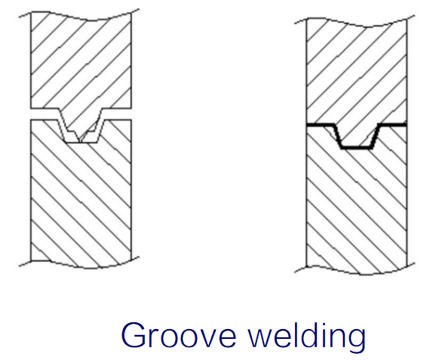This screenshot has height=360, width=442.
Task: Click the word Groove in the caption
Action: pyautogui.click(x=179, y=335)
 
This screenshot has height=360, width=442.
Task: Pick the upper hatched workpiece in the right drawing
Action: pyautogui.click(x=357, y=70)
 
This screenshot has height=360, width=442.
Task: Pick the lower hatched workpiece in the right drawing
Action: pyautogui.click(x=357, y=203)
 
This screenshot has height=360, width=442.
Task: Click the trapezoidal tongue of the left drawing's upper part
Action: pyautogui.click(x=81, y=123)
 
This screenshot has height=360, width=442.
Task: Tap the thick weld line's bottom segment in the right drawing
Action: pyautogui.click(x=357, y=147)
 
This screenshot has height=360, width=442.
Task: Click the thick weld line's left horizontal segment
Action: pyautogui.click(x=321, y=125)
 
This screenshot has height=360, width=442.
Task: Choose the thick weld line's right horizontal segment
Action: pyautogui.click(x=392, y=125)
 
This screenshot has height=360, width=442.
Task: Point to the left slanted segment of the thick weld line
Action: pyautogui.click(x=338, y=136)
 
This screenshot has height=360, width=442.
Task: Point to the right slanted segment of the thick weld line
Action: pyautogui.click(x=375, y=136)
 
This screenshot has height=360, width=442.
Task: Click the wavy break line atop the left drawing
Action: pyautogui.click(x=79, y=17)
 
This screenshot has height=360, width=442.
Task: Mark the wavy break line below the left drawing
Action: pyautogui.click(x=79, y=264)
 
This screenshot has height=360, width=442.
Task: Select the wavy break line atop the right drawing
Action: pyautogui.click(x=355, y=23)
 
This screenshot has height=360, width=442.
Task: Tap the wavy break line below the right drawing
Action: pyautogui.click(x=355, y=270)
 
